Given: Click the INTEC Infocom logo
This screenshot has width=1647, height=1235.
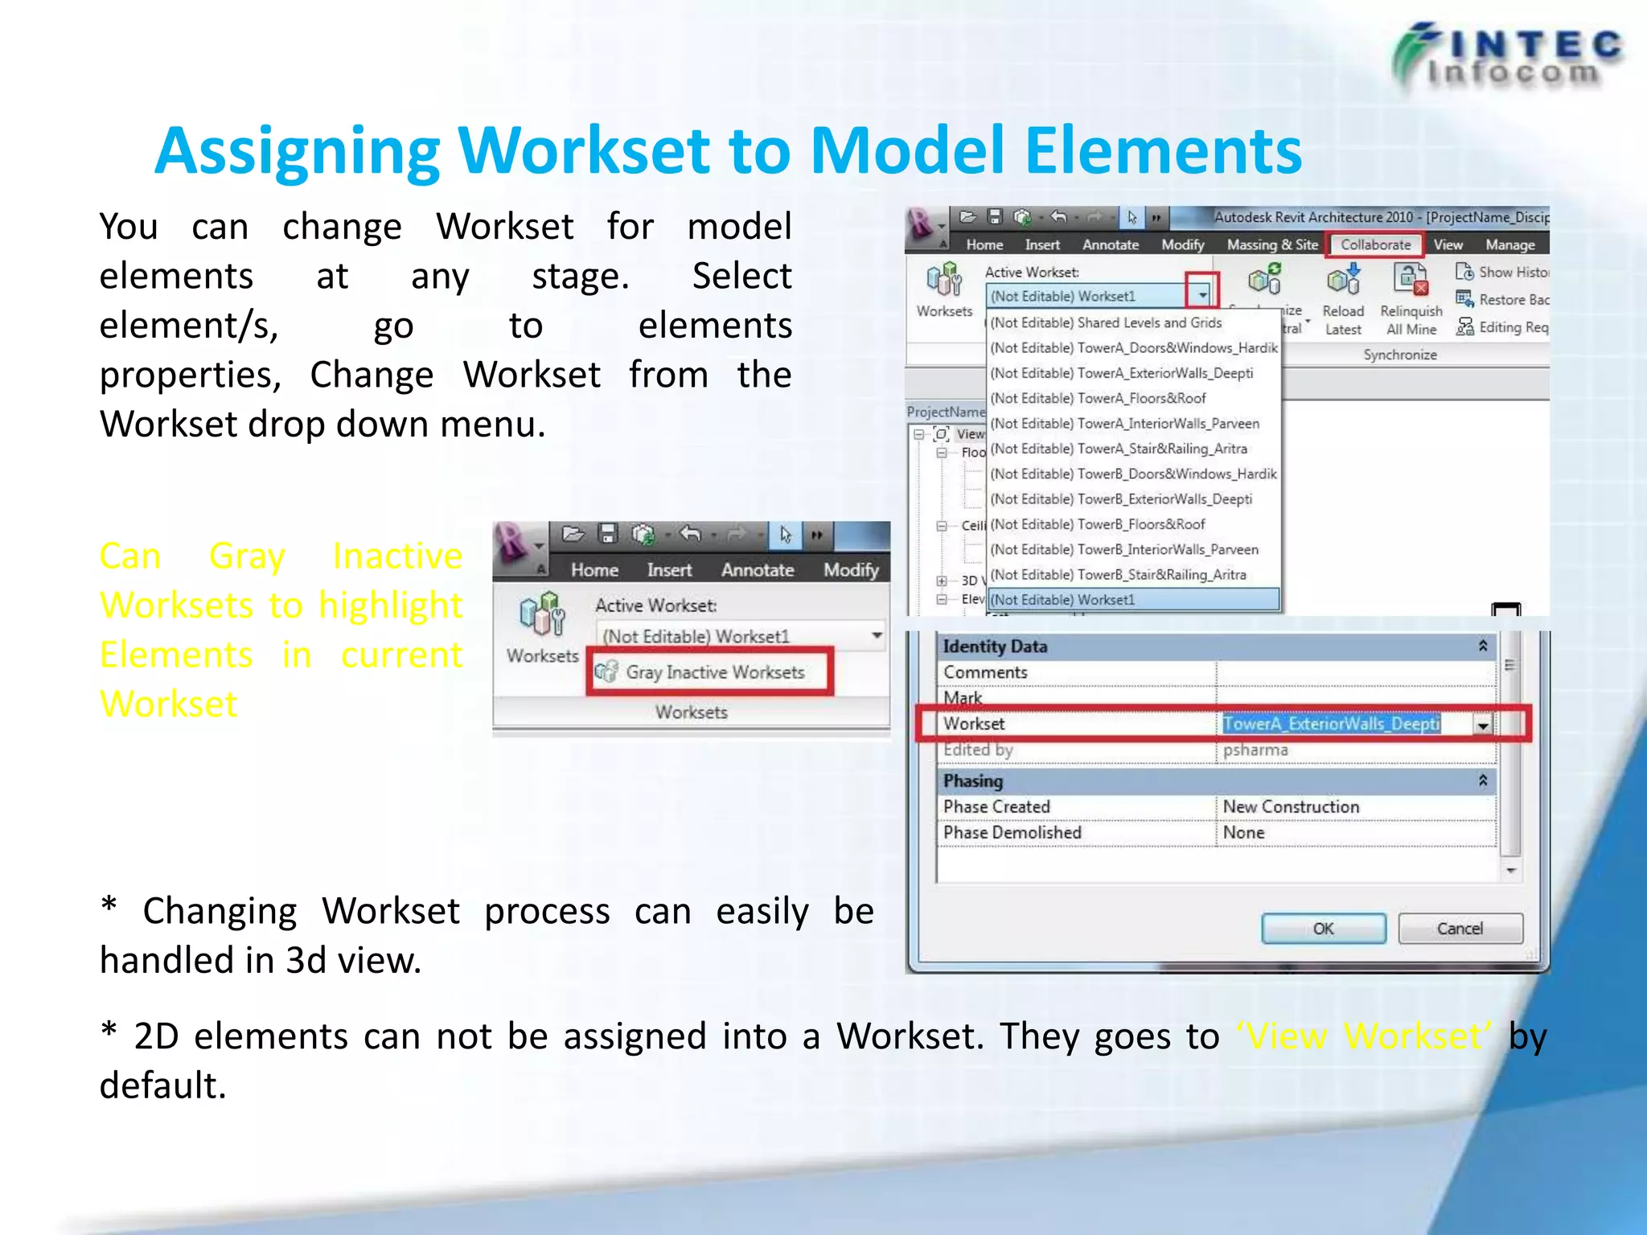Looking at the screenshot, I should coord(1508,56).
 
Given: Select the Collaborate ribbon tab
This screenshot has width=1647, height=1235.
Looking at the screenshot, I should coord(1375,244).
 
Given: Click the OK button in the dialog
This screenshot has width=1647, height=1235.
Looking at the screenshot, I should coord(1323,929).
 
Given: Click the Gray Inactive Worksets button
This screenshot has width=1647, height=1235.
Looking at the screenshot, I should coord(713,672).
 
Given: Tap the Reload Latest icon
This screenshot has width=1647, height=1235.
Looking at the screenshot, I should coord(1343,281).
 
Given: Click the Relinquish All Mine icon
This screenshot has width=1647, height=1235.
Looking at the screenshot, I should coord(1410,281).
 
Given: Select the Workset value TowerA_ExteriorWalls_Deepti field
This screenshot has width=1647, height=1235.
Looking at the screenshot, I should coord(1331,724).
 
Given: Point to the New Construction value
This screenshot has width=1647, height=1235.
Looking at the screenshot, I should coord(1291,806).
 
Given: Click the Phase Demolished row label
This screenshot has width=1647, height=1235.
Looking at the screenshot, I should coord(1012,832).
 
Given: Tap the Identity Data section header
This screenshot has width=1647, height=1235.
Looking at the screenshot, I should coord(995,646).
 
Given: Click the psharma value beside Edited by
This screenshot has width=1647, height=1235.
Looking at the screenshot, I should coord(1255,749).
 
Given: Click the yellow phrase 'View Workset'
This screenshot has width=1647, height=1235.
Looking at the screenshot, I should coord(1363,1036).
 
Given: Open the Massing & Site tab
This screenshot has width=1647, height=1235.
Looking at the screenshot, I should coord(1271,244).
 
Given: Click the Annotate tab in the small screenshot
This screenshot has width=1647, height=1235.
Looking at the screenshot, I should coord(757,570).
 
